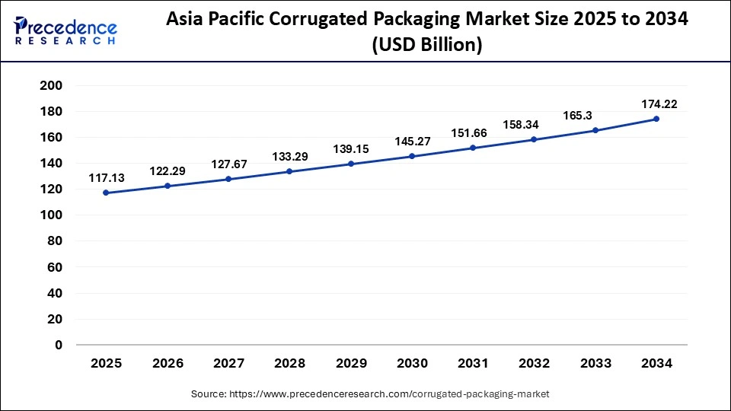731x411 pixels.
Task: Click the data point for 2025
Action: pyautogui.click(x=106, y=193)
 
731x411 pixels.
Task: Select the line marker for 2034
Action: pyautogui.click(x=656, y=119)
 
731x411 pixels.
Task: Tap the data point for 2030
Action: pyautogui.click(x=412, y=156)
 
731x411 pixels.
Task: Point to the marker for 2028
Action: pyautogui.click(x=289, y=171)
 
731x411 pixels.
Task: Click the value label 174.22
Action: pyautogui.click(x=657, y=104)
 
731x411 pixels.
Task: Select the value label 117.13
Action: pyautogui.click(x=107, y=177)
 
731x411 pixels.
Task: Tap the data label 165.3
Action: pyautogui.click(x=595, y=115)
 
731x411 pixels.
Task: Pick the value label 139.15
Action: pyautogui.click(x=351, y=148)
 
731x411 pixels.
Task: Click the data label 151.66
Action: pyautogui.click(x=474, y=132)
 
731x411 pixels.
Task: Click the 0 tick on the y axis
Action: pyautogui.click(x=58, y=345)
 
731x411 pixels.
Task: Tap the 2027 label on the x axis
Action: pyautogui.click(x=228, y=364)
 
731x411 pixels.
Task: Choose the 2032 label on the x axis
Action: pyautogui.click(x=535, y=364)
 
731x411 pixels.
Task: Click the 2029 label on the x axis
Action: pyautogui.click(x=351, y=364)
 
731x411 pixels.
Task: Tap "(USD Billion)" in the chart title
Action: pyautogui.click(x=426, y=46)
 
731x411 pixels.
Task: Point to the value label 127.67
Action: pyautogui.click(x=228, y=164)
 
